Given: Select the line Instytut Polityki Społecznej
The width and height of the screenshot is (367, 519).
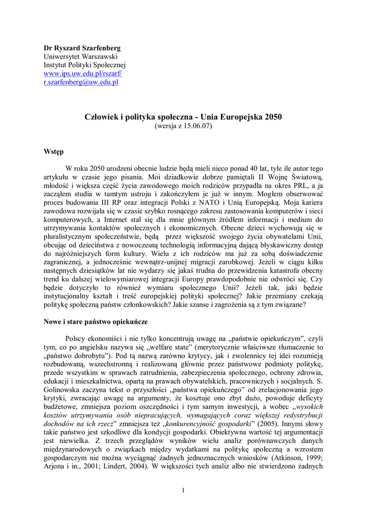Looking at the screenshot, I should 84,65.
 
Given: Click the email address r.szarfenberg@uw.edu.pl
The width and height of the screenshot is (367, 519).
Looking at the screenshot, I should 80,82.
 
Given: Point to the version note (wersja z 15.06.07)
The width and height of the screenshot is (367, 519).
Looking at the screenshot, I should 183,126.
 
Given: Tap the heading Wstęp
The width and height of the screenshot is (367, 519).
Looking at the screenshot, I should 53,151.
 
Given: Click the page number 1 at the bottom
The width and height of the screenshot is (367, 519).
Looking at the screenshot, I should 183,489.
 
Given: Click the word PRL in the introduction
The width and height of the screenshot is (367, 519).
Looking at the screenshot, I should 301,186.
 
